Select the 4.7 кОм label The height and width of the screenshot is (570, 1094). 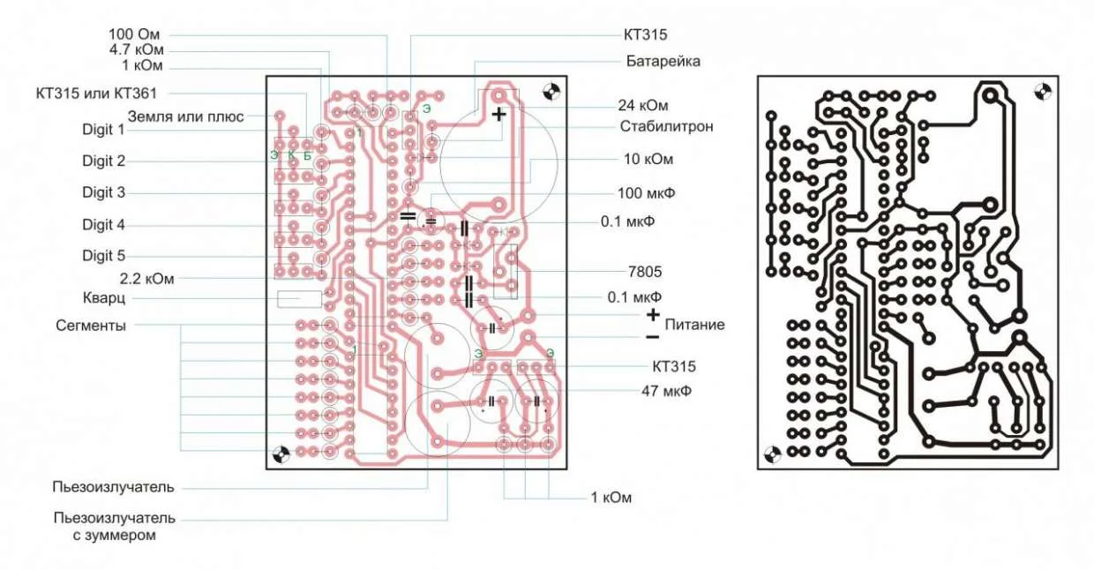tap(137, 49)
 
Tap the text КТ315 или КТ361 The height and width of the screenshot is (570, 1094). tap(97, 93)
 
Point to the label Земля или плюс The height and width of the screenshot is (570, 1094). tap(185, 116)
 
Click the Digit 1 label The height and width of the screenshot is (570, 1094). tap(104, 130)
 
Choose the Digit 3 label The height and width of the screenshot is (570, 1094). tap(104, 192)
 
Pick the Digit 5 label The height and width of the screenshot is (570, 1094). tap(104, 256)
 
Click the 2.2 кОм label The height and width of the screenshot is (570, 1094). tap(146, 278)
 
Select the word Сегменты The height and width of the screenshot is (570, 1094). tap(90, 325)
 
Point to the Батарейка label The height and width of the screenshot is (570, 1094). tap(663, 62)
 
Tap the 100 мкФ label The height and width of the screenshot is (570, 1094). tap(641, 192)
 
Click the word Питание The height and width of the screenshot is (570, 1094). tap(695, 325)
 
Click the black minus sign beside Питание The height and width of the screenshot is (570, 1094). tap(652, 336)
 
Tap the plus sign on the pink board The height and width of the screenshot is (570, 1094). tap(499, 114)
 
